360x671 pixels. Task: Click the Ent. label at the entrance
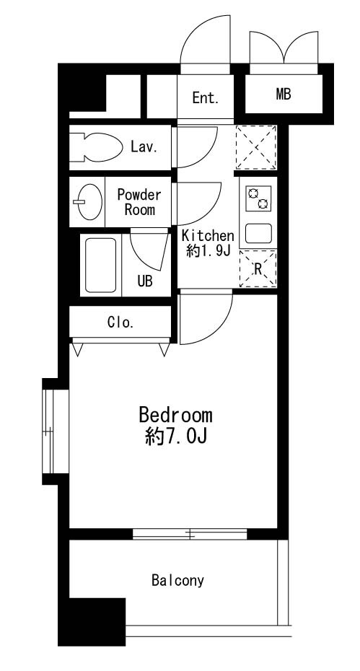205,98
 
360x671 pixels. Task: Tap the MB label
283,94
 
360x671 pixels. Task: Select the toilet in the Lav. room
100,146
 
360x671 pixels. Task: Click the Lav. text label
144,146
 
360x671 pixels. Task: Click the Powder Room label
139,202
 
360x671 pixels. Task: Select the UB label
145,281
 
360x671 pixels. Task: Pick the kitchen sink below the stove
258,233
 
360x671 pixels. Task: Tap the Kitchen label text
208,235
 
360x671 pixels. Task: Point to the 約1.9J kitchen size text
208,251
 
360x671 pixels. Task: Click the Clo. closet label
120,323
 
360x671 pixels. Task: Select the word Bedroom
175,416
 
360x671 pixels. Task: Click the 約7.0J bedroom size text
175,437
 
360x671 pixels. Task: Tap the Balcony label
177,579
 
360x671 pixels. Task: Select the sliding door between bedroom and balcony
190,535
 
